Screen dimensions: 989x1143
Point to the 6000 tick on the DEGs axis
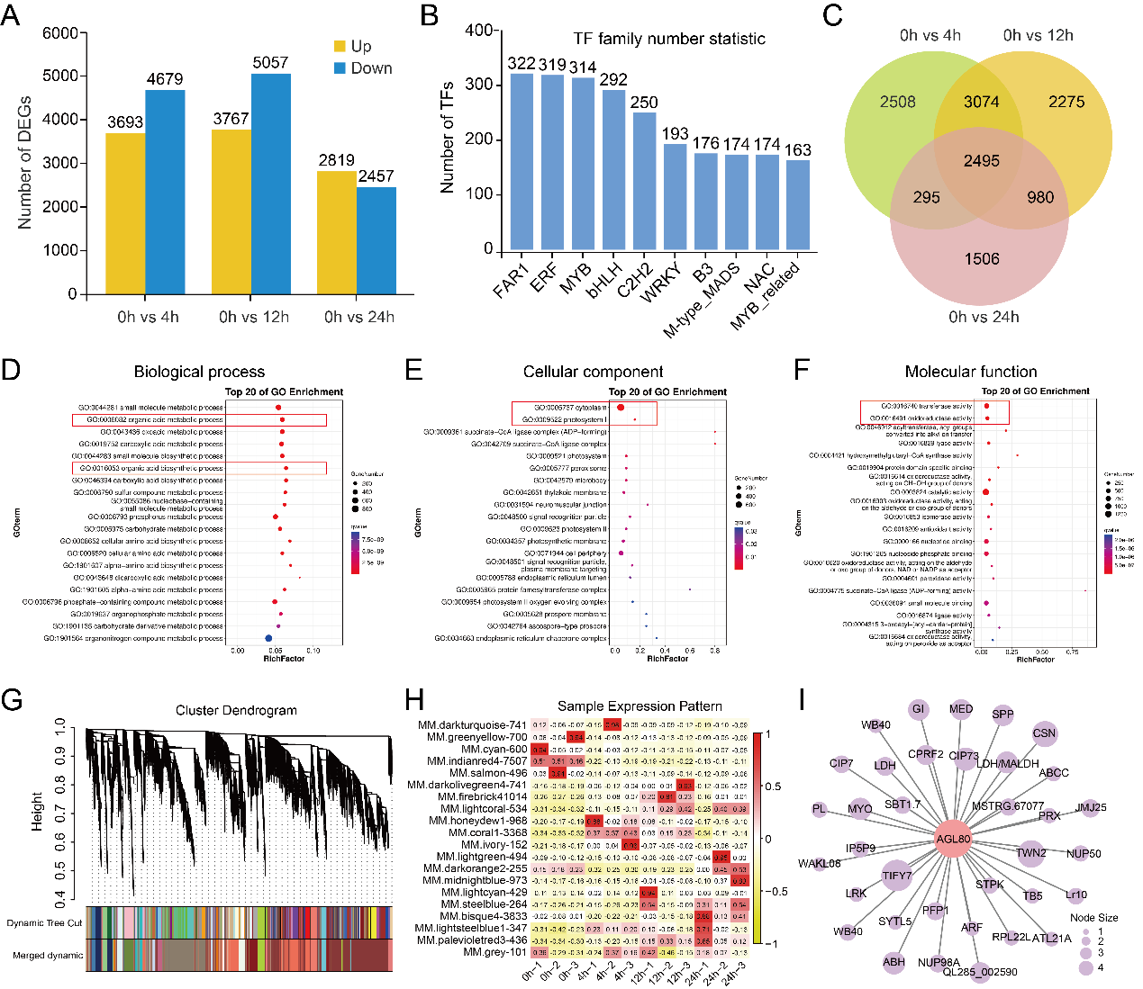click(x=60, y=33)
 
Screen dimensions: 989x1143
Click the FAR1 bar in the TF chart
click(x=522, y=161)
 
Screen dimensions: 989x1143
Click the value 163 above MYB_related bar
click(x=798, y=150)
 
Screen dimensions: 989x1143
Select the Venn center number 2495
click(x=981, y=161)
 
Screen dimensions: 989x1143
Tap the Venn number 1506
click(x=982, y=259)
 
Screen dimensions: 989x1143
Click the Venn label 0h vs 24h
click(x=984, y=317)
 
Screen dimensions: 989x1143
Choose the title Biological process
click(x=199, y=372)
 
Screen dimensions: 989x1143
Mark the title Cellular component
click(x=593, y=372)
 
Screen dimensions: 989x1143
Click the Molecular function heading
click(x=971, y=372)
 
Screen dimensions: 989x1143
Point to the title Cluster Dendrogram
click(x=236, y=710)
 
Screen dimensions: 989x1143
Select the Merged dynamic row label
click(x=48, y=956)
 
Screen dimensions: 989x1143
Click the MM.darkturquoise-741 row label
click(x=472, y=725)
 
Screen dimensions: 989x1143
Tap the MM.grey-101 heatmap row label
click(x=494, y=952)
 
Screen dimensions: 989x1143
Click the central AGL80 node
click(x=953, y=839)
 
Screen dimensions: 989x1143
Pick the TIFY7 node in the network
click(x=896, y=875)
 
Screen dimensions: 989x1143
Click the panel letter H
click(x=415, y=699)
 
